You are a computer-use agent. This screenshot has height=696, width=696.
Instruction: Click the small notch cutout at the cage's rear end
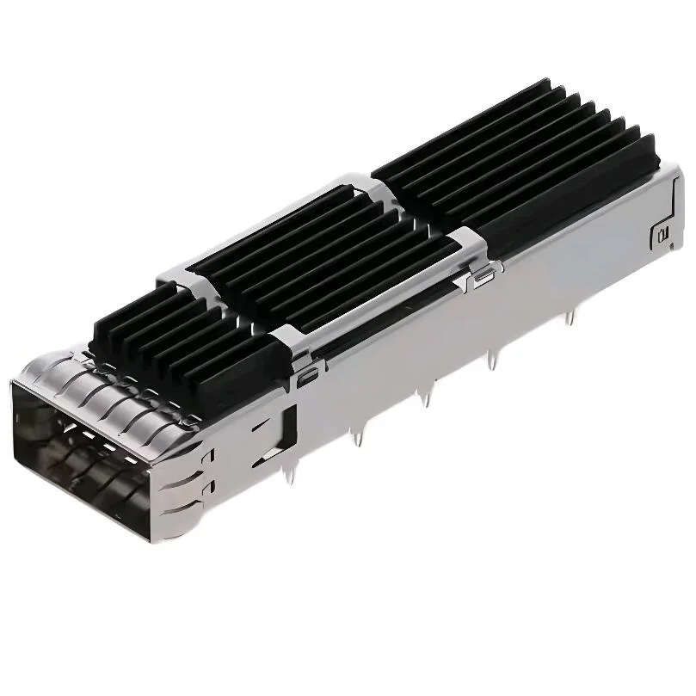(661, 233)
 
